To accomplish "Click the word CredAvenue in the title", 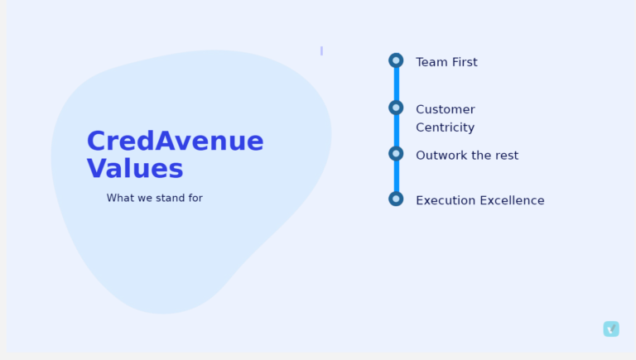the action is coord(176,141).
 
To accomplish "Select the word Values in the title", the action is coord(135,169).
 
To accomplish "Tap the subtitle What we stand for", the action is coord(155,198).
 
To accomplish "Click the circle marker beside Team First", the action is coord(396,60).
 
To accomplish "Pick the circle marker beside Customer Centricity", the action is coord(396,108).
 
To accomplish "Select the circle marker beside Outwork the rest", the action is coord(396,154).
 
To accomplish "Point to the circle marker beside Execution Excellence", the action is coord(396,199).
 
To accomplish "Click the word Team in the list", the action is coord(432,62).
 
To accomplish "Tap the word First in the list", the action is coord(465,62).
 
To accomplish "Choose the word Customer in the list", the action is coord(446,109).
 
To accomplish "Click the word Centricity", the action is coord(446,127).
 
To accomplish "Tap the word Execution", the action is coord(446,200).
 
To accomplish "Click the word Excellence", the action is coord(512,200).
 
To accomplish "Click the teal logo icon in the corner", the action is coord(611,329).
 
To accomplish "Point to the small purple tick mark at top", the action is coord(321,50).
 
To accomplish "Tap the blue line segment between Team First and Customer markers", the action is coord(397,84).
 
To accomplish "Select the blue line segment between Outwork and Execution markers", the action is coord(397,176).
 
